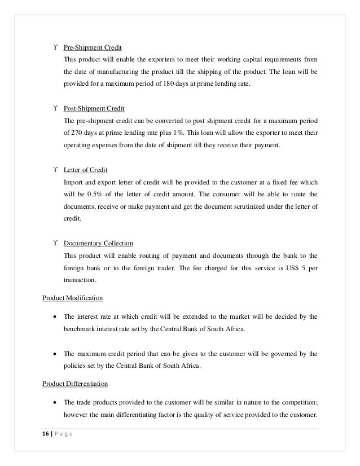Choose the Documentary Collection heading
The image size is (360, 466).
tap(98, 243)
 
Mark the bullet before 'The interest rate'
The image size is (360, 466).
tap(55, 316)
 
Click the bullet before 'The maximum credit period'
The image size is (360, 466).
tap(55, 354)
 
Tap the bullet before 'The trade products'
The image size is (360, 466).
tap(55, 402)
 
